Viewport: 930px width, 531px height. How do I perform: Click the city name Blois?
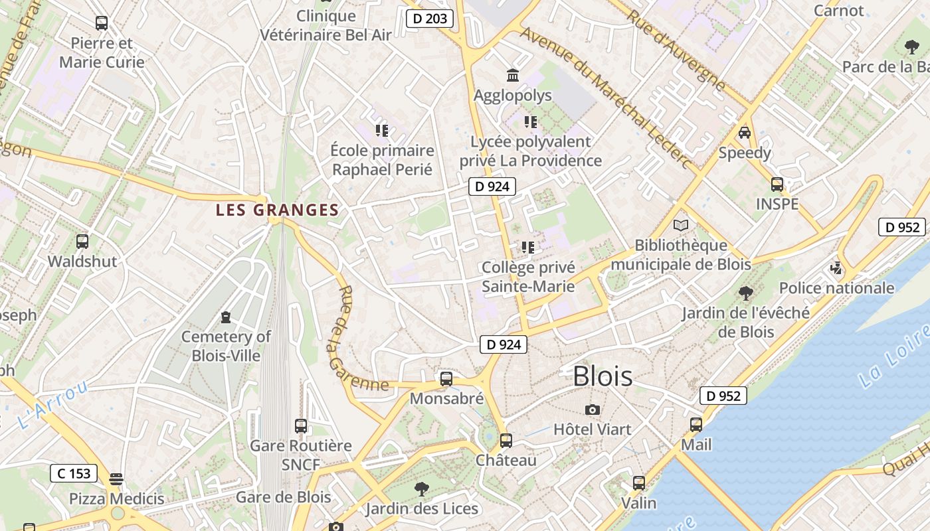603,376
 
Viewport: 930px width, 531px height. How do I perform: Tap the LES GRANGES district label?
277,210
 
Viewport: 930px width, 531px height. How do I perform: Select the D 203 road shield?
430,19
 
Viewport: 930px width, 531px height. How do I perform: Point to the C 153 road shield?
74,473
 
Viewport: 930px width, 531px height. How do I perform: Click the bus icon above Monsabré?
446,379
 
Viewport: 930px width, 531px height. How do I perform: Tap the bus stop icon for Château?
506,440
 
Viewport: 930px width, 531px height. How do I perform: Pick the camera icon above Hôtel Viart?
593,410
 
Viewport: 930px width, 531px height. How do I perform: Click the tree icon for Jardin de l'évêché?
746,293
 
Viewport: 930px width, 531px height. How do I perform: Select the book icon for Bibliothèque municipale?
681,225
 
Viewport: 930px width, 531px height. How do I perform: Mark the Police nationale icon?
836,268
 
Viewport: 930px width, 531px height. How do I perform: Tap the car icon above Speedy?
745,133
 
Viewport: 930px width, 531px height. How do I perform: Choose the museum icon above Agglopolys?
512,75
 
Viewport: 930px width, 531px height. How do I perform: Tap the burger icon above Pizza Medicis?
117,479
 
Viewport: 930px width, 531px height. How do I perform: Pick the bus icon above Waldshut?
82,242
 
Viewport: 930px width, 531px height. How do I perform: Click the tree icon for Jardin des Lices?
421,489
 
